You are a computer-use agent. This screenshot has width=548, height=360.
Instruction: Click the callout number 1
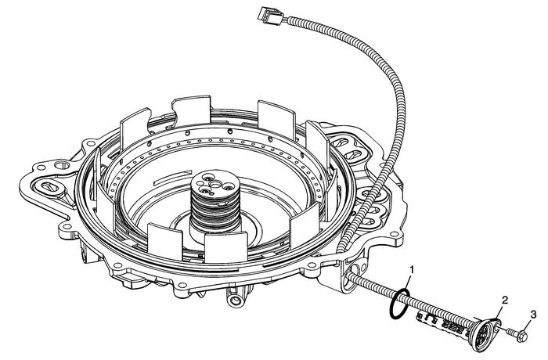point(411,270)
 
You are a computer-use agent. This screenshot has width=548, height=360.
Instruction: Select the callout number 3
point(533,315)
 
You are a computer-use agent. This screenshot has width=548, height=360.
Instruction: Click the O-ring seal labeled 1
point(398,304)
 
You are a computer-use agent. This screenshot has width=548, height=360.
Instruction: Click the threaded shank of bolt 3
point(510,332)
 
